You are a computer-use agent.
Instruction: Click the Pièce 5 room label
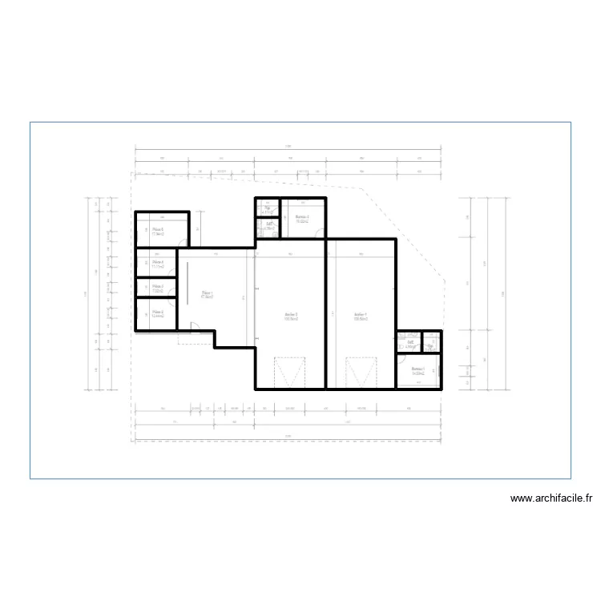coord(158,230)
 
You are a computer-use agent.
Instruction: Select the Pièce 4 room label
coord(158,262)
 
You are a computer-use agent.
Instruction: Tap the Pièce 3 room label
coord(158,287)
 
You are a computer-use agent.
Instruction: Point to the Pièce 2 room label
coord(158,313)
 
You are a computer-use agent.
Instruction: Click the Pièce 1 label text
coord(208,294)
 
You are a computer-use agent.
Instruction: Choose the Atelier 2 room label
coord(292,315)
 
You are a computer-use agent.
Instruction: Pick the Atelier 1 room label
coord(361,315)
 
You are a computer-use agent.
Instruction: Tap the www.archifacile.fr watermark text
coord(552,498)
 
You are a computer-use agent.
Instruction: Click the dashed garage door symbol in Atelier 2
coord(290,373)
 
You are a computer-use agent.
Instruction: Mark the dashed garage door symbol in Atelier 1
coord(361,373)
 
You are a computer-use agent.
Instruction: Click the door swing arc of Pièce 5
coord(184,244)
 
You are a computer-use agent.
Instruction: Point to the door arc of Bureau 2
coord(320,234)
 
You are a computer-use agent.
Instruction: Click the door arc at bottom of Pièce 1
coord(194,325)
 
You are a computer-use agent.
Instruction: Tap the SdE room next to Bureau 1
coord(409,343)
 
